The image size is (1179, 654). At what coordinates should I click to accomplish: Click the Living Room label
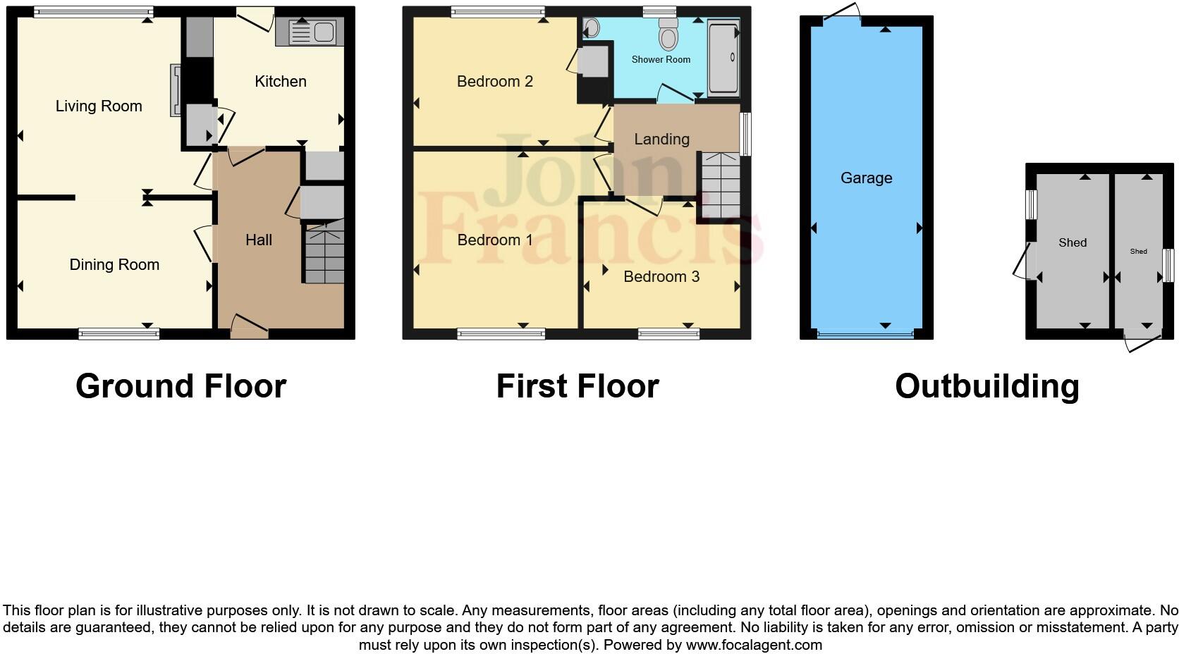click(x=99, y=106)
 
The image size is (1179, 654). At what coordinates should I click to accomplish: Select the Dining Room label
click(x=114, y=265)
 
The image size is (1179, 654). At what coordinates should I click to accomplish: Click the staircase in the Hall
click(x=324, y=254)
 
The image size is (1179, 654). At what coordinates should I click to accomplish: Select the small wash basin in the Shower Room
click(x=591, y=28)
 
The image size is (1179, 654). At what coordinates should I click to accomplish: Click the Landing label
click(x=661, y=140)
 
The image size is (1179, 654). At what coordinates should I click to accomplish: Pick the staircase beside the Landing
click(x=719, y=187)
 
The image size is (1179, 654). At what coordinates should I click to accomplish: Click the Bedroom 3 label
click(x=661, y=277)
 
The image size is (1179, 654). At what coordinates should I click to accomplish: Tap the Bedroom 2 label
click(x=494, y=82)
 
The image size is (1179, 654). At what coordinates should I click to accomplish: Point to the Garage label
click(x=866, y=178)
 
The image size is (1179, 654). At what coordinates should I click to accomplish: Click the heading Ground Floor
click(x=181, y=386)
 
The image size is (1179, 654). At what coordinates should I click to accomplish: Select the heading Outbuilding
click(x=986, y=386)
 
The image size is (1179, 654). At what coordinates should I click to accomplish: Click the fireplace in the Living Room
click(x=175, y=90)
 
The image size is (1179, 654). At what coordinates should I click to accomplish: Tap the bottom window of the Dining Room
click(x=118, y=334)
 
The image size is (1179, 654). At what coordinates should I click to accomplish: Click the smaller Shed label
click(x=1138, y=252)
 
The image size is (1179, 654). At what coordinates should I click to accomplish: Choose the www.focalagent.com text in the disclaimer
click(x=753, y=645)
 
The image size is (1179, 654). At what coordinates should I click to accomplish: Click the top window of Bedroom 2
click(x=498, y=11)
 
